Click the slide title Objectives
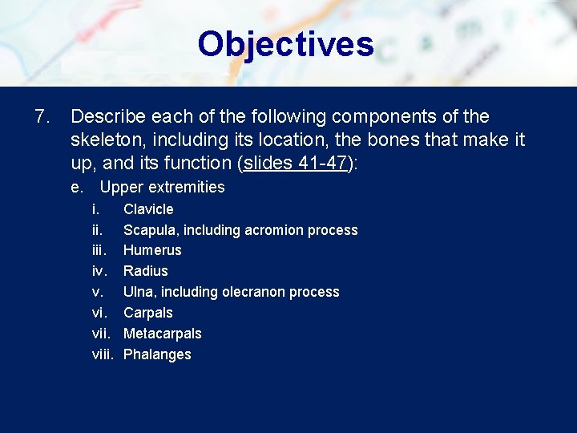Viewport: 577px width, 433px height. tap(286, 44)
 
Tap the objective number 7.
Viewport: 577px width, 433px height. tap(42, 117)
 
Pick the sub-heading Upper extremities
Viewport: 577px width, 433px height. tap(162, 188)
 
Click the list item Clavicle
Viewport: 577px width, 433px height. tap(148, 209)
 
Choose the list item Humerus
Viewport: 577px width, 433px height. tap(152, 250)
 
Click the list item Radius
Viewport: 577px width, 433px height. tap(145, 271)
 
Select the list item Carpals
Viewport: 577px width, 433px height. tap(147, 313)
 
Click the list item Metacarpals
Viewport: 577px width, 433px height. tap(162, 334)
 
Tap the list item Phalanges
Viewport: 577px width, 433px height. tap(157, 354)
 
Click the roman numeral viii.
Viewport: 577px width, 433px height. tap(103, 354)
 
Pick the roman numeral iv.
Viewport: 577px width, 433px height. tap(98, 271)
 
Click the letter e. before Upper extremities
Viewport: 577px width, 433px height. tap(77, 188)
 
